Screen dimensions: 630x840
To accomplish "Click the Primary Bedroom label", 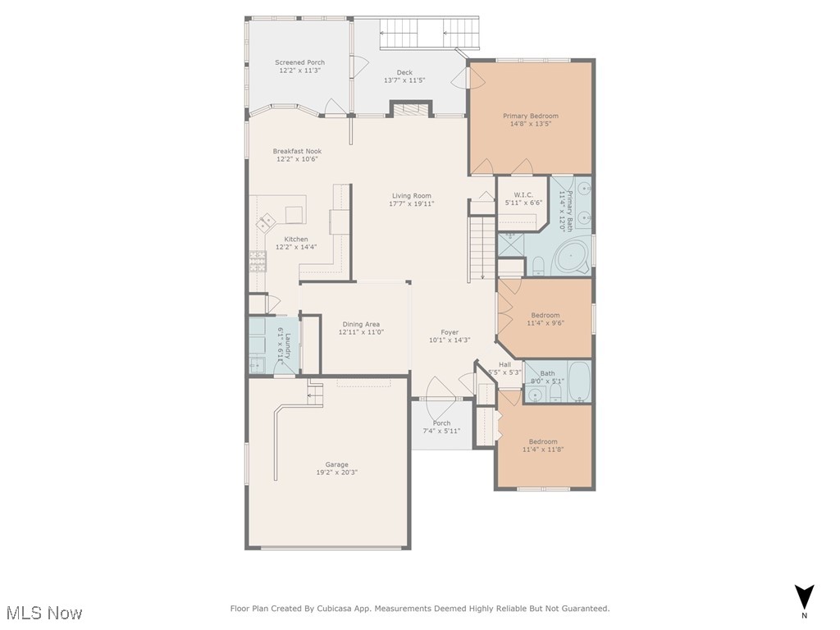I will point(530,116).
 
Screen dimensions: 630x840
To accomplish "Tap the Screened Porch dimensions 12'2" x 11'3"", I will point(299,71).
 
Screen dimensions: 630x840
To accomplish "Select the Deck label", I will point(404,72).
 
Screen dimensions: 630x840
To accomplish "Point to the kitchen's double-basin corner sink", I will point(266,222).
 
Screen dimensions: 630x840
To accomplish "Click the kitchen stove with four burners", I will point(257,261).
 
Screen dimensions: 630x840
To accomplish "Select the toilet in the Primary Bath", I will point(537,264).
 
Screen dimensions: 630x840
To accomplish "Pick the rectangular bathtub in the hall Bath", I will point(579,381).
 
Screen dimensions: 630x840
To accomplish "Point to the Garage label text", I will point(336,464).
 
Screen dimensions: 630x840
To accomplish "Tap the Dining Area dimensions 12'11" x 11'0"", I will point(361,332).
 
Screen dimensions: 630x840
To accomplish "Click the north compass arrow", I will point(805,596).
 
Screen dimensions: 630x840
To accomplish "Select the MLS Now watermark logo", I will point(44,612).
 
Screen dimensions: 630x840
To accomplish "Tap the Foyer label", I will point(450,331).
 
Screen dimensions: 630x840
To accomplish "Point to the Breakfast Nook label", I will point(297,151).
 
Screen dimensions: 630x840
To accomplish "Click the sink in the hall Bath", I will point(535,395).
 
